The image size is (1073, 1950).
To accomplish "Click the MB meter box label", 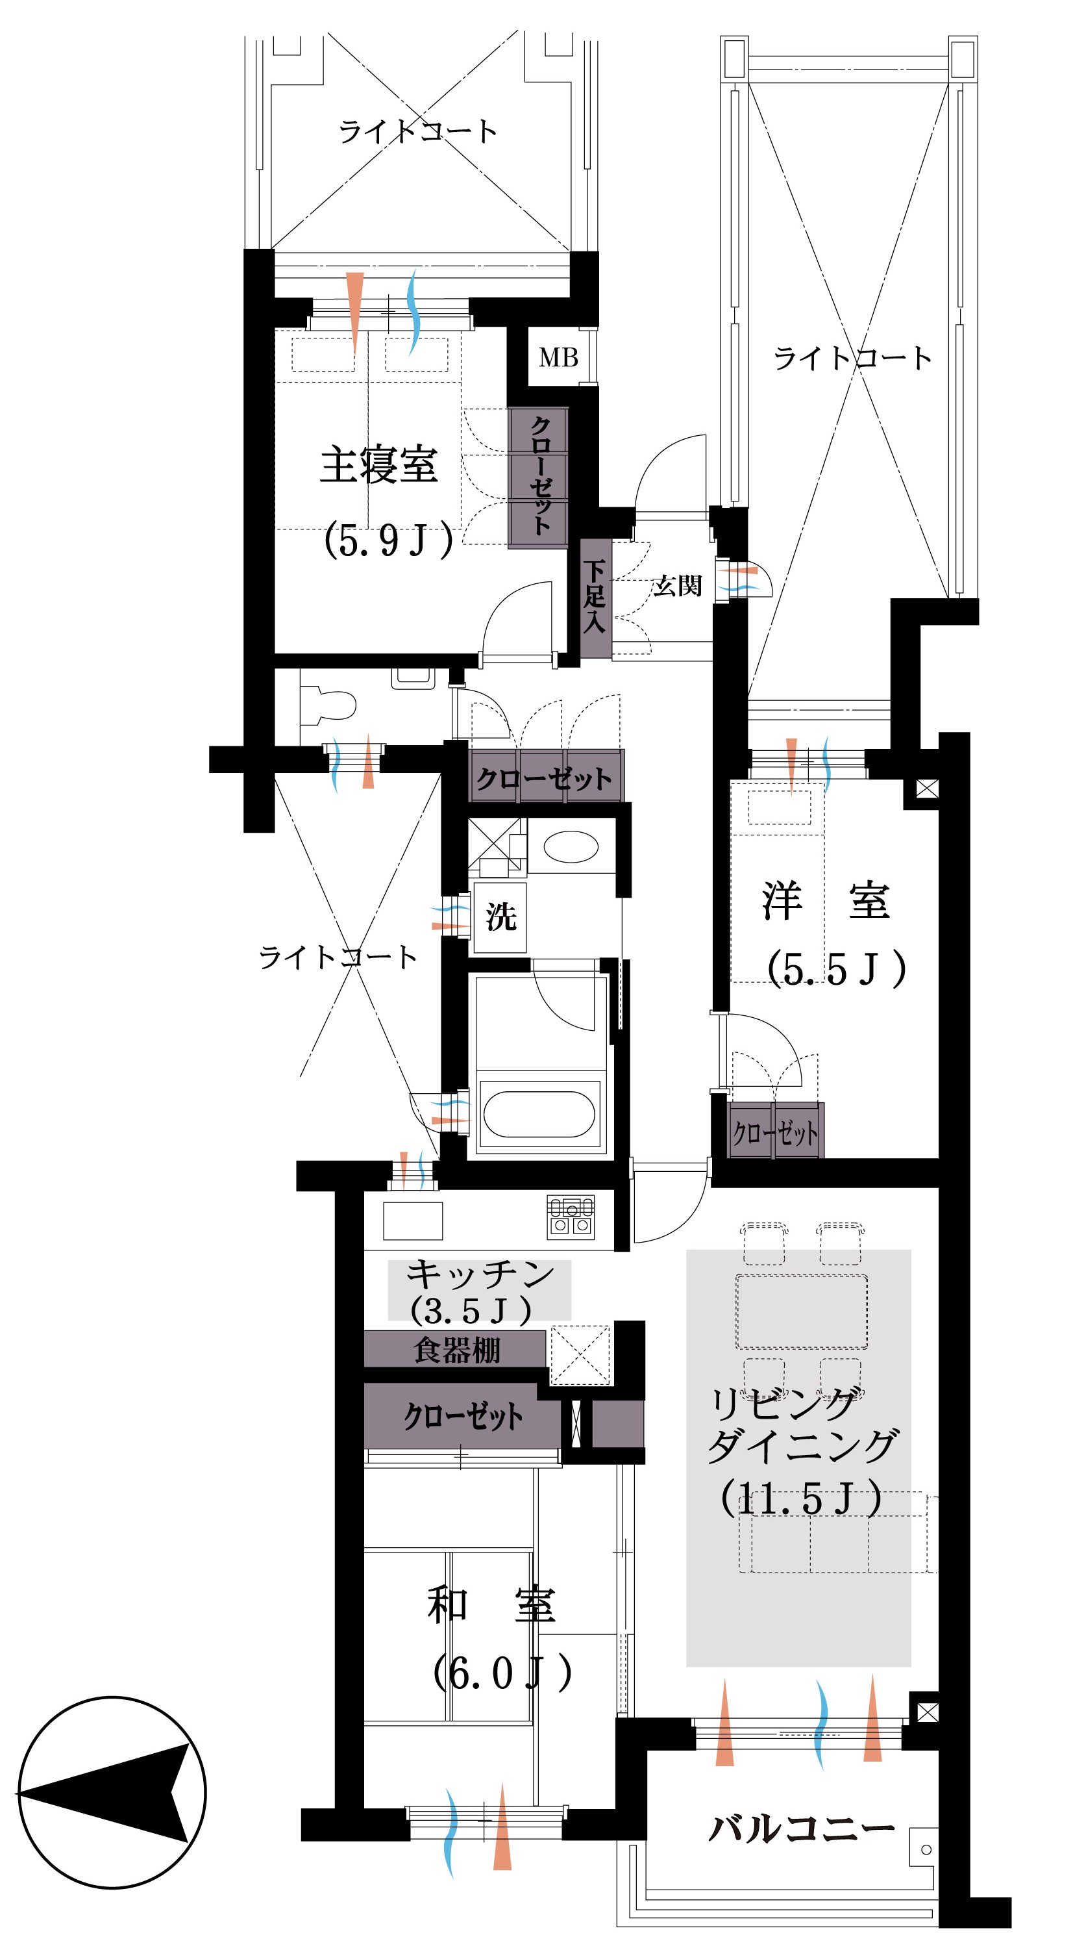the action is click(x=558, y=357).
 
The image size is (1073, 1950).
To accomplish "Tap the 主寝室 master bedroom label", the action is click(x=379, y=465).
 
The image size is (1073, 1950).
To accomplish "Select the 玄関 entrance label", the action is click(x=677, y=585).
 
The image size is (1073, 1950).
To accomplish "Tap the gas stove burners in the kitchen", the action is click(x=571, y=1217).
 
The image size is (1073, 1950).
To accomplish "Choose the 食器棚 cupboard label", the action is click(x=457, y=1350).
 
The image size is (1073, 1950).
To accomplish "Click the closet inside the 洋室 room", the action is click(x=776, y=1132).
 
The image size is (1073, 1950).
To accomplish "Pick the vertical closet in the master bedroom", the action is click(x=538, y=477).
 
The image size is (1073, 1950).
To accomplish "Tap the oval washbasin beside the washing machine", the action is click(x=571, y=846).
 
